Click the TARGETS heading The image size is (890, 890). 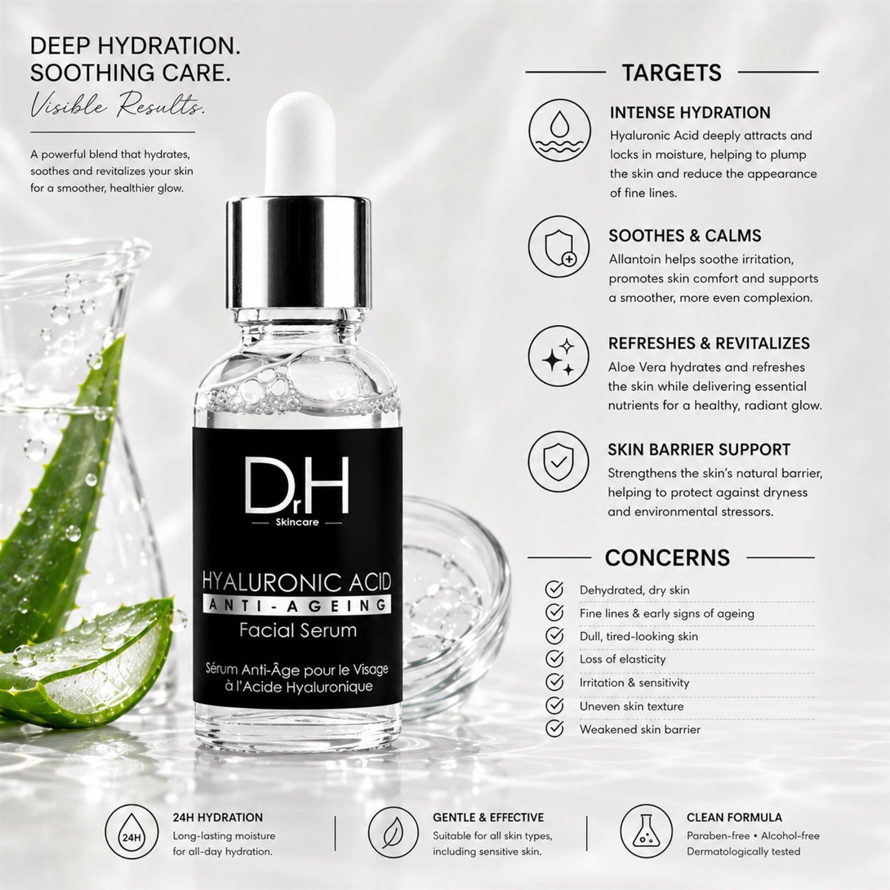pyautogui.click(x=672, y=73)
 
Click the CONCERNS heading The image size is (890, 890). pyautogui.click(x=667, y=557)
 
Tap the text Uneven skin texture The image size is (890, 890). pyautogui.click(x=631, y=706)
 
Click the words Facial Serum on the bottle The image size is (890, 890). pyautogui.click(x=298, y=630)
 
